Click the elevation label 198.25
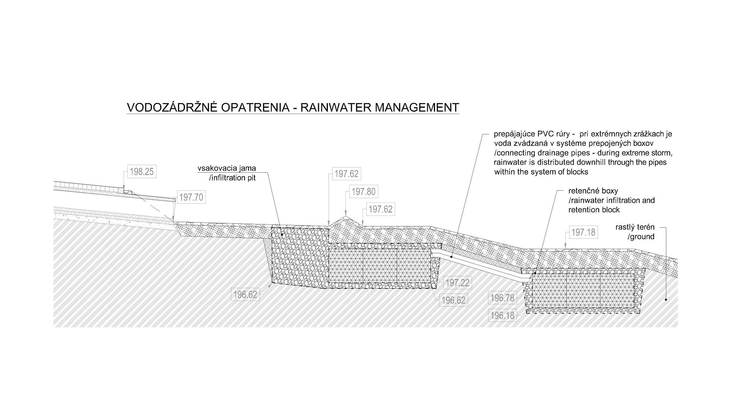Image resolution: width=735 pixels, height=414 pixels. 142,172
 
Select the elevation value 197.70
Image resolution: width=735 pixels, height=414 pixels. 191,197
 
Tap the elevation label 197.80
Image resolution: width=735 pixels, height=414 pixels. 363,192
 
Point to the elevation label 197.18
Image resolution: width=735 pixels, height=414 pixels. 583,232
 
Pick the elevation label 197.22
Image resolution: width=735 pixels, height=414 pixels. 457,283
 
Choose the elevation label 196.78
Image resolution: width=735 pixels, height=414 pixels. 502,298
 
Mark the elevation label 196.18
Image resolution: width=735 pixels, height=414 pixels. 502,315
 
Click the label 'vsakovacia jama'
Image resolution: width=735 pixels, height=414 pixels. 227,168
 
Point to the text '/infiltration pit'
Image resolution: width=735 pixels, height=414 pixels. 232,178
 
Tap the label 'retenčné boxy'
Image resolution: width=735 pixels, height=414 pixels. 593,191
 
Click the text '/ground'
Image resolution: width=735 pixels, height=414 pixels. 641,236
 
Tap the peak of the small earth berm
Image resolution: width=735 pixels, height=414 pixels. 346,217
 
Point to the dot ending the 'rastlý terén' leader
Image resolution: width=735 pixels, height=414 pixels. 666,300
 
